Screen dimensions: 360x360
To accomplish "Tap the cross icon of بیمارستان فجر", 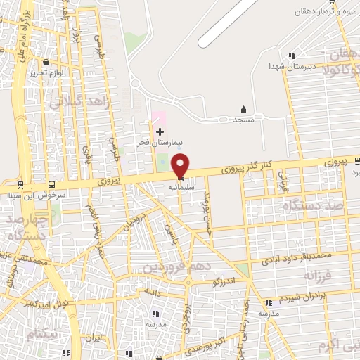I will point(160,131).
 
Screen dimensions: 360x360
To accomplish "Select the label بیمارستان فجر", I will point(160,143).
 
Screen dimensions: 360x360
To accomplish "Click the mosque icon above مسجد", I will point(244,109).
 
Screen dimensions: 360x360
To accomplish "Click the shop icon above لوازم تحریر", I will point(46,62).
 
